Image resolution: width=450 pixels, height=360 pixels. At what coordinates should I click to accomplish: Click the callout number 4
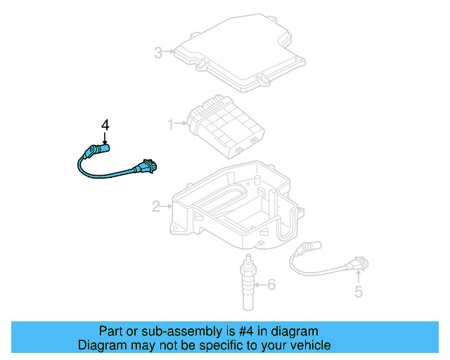[105, 124]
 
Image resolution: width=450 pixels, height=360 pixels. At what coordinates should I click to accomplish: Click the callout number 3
[159, 51]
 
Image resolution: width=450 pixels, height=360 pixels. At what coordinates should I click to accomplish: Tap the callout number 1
[170, 124]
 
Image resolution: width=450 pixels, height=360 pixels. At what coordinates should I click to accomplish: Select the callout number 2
[156, 206]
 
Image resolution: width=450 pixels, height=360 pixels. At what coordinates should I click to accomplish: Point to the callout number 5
[359, 292]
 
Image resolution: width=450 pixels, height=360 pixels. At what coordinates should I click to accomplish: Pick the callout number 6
[273, 285]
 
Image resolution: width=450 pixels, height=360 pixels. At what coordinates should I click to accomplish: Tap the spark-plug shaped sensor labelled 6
[248, 281]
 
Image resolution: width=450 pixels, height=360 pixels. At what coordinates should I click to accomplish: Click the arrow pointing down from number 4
[105, 137]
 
